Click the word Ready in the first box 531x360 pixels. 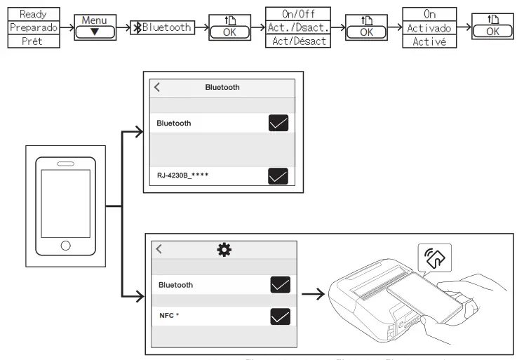point(33,13)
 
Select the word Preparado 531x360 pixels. point(33,27)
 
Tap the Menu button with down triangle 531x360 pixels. point(94,27)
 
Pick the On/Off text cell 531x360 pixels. point(297,13)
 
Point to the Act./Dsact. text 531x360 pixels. point(297,27)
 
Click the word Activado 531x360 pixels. point(429,28)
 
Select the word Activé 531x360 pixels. point(429,41)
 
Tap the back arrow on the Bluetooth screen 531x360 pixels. point(157,87)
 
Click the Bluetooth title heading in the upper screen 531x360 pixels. point(222,88)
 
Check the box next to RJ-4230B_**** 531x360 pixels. point(278,175)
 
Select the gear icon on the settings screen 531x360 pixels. point(224,250)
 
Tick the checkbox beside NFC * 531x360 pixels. point(280,316)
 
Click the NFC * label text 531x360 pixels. point(169,316)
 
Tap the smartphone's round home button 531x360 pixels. point(65,246)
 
